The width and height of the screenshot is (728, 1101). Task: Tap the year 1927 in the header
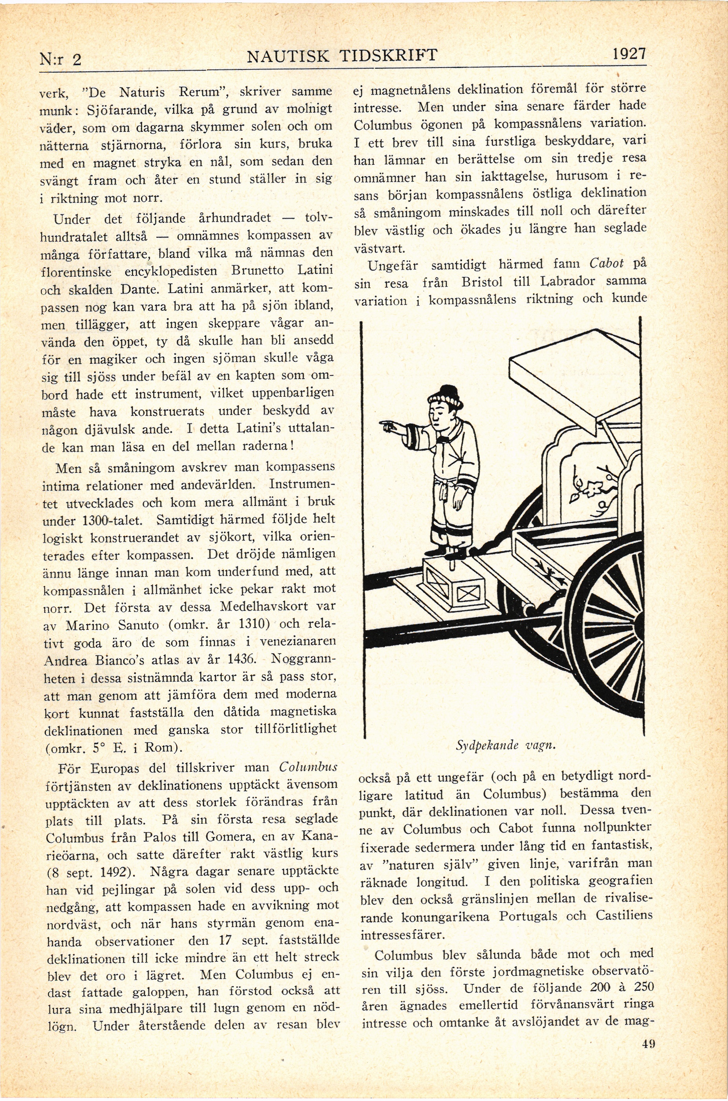coord(629,54)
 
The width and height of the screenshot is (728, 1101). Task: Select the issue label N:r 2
coord(60,60)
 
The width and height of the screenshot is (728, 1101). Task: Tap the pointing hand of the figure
coord(388,424)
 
